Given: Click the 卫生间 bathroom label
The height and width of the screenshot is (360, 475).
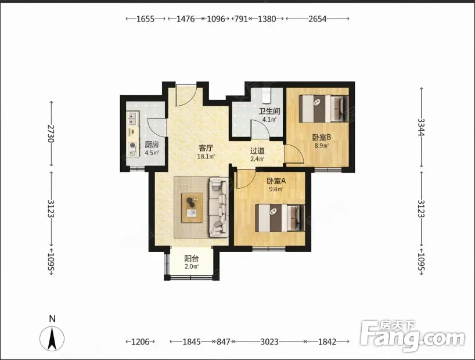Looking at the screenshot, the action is pos(269,111).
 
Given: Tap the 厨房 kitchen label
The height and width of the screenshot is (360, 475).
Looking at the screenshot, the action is pos(152,145).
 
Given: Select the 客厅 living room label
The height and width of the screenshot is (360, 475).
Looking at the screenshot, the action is pos(206,148).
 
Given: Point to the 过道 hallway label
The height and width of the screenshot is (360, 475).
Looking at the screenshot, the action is pos(257,150).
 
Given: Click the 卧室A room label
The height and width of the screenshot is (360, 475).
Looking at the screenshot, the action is pos(276,181).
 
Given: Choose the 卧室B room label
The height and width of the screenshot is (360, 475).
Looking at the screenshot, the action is pos(322,137).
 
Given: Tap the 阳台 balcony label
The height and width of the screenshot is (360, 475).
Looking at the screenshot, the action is pos(192,258).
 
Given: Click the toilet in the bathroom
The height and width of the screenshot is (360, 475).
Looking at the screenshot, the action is pos(266,95).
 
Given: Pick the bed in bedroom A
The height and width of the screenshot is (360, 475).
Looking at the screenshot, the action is pos(280,218).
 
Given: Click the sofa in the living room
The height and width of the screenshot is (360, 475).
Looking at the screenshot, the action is pos(218,207).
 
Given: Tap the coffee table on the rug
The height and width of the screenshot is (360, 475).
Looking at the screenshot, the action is pos(192,208).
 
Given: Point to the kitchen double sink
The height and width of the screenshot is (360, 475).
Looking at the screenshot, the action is pos(132,118).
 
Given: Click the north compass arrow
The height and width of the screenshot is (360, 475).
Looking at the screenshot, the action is pos(52,339).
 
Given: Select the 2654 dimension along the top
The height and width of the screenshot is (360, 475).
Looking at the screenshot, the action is pos(318,19).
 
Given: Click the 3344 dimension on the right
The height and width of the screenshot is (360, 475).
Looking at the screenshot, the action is pos(421,127).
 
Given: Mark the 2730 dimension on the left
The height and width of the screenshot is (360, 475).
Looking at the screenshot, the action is pos(51,134).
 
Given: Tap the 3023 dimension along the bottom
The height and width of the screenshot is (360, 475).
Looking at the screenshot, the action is pos(269,342).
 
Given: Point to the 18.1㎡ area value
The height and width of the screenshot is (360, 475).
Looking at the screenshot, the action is pos(206,157).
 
